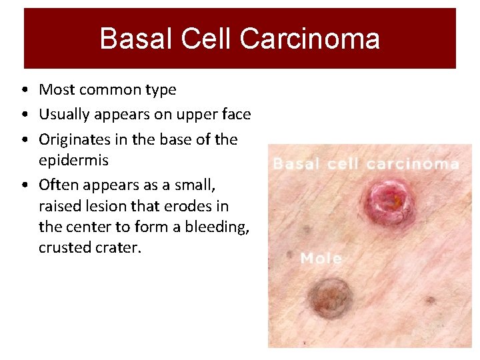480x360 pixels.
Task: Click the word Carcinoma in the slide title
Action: (x=310, y=39)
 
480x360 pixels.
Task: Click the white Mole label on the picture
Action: (x=321, y=258)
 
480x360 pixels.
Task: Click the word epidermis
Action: (x=73, y=160)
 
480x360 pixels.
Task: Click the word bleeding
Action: (x=217, y=227)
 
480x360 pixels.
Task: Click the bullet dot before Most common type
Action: (x=24, y=90)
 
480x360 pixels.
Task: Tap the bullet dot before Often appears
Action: (x=24, y=185)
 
